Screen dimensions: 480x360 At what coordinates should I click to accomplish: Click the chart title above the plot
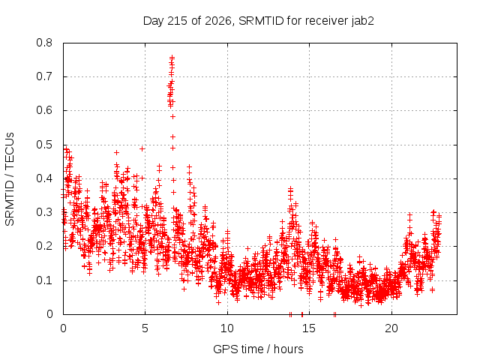coord(258,21)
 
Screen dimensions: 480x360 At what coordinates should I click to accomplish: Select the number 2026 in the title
coord(217,21)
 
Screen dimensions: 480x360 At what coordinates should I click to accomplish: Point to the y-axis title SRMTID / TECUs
coord(10,179)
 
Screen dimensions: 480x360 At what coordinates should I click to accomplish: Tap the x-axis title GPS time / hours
coord(258,349)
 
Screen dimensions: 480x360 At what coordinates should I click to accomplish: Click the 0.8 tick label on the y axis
coord(44,43)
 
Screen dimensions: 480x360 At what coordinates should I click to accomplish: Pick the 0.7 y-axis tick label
coord(44,76)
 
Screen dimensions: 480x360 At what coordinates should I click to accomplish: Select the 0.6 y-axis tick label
coord(44,110)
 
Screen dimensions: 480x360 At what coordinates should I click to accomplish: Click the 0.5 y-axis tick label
coord(44,145)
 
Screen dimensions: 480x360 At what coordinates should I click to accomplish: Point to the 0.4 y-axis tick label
coord(44,178)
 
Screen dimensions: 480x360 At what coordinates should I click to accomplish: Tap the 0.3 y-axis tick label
coord(44,212)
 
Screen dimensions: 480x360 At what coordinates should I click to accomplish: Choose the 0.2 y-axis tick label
coord(44,247)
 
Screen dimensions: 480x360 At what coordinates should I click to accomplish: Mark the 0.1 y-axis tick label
coord(44,280)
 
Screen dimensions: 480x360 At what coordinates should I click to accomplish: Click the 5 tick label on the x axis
coord(145,328)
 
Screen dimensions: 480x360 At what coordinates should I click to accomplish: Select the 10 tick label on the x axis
coord(227,328)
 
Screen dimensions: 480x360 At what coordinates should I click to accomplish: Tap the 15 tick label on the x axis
coord(309,328)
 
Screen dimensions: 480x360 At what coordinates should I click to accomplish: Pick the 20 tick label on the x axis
coord(391,328)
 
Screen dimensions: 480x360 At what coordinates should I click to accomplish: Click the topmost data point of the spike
coord(172,57)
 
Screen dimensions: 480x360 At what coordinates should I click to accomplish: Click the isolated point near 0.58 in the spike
coord(173,117)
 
